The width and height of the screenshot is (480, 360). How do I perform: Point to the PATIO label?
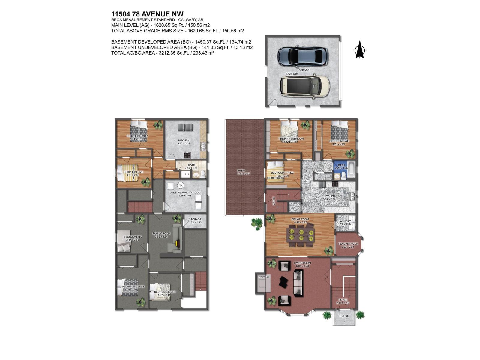tap(241, 170)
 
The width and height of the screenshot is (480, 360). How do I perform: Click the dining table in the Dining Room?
tap(300, 235)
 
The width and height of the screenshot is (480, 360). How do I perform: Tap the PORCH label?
tap(344, 316)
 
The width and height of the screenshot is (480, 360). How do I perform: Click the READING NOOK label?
tap(348, 244)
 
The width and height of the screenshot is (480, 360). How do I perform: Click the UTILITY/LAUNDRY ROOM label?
tap(185, 193)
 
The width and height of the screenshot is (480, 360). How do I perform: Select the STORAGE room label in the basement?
tap(195, 219)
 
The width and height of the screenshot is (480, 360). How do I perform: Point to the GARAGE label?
tap(304, 70)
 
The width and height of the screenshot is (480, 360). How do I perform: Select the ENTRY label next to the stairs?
tap(274, 200)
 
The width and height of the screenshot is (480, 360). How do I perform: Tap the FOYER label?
tap(343, 300)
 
